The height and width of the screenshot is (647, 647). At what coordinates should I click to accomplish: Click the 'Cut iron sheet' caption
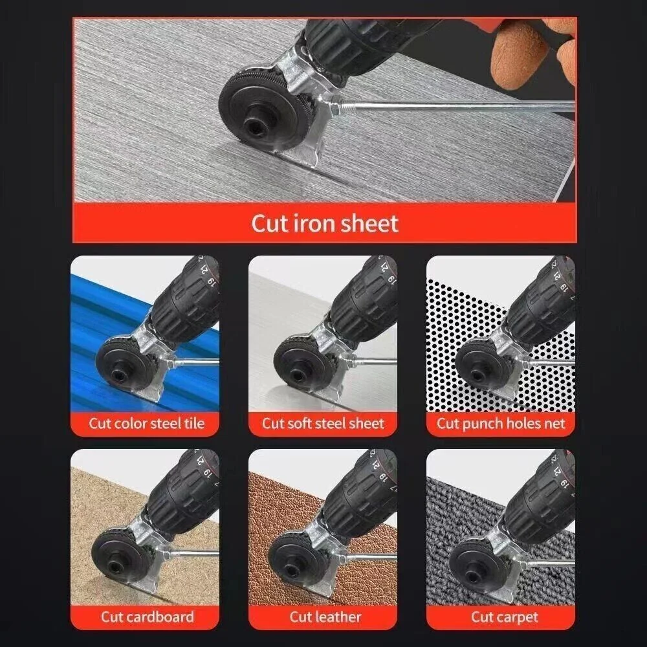click(324, 224)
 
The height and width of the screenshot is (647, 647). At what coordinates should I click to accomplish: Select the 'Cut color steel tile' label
click(146, 424)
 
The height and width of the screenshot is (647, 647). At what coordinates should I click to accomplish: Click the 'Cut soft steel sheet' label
click(323, 424)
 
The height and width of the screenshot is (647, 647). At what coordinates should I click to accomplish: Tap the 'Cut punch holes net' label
click(500, 424)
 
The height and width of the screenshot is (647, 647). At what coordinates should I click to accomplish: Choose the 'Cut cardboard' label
click(146, 617)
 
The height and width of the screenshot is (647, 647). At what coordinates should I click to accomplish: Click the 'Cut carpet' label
click(504, 617)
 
